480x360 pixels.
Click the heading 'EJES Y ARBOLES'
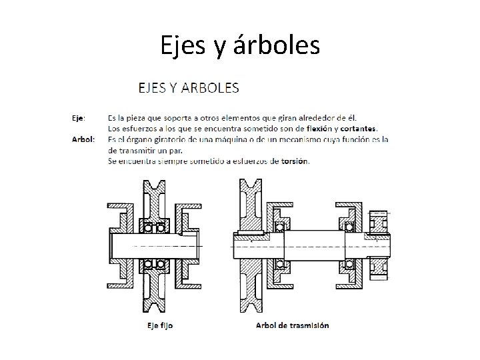click(x=189, y=87)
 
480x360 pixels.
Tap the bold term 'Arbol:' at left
click(x=83, y=139)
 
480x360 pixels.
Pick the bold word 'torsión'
click(x=295, y=161)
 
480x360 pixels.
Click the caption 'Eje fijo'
click(x=159, y=325)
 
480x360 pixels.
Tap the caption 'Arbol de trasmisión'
click(x=292, y=325)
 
